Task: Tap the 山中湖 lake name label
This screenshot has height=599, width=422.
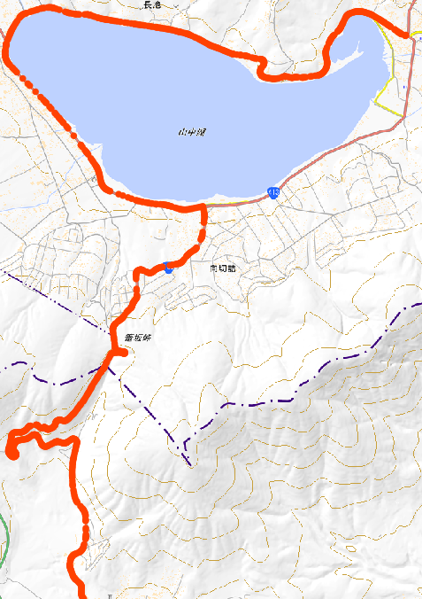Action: pyautogui.click(x=191, y=133)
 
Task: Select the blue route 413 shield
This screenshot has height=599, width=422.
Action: pyautogui.click(x=274, y=192)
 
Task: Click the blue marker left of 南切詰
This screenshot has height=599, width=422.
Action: pyautogui.click(x=168, y=268)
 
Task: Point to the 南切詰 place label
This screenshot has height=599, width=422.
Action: pyautogui.click(x=224, y=268)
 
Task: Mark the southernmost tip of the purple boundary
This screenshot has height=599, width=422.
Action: pyautogui.click(x=188, y=463)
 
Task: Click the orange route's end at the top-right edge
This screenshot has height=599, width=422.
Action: pyautogui.click(x=417, y=35)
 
